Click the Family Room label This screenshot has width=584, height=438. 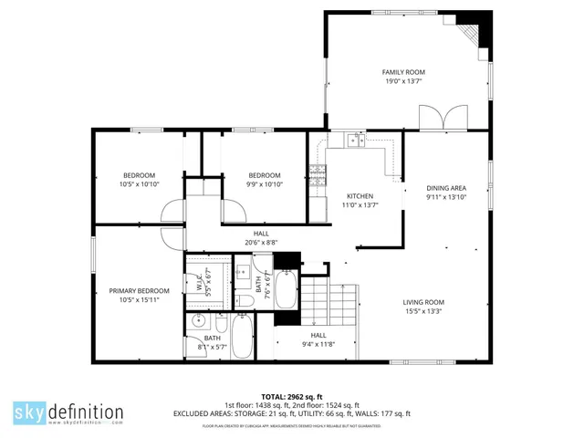pyautogui.click(x=403, y=72)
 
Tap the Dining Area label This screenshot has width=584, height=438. pyautogui.click(x=446, y=187)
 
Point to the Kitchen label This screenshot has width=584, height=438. pyautogui.click(x=360, y=196)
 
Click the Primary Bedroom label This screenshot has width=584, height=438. pyautogui.click(x=140, y=291)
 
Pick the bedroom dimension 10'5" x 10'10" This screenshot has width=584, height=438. pyautogui.click(x=140, y=184)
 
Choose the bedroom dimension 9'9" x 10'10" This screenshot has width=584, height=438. pyautogui.click(x=265, y=184)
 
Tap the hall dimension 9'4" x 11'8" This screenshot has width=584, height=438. pyautogui.click(x=318, y=344)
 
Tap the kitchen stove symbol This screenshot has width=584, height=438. pyautogui.click(x=318, y=174)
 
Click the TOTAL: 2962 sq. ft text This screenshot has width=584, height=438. pyautogui.click(x=292, y=397)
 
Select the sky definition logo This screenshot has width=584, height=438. pyautogui.click(x=68, y=412)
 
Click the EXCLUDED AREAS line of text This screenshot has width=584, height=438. pyautogui.click(x=292, y=413)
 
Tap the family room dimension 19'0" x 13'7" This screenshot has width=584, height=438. pyautogui.click(x=403, y=81)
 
